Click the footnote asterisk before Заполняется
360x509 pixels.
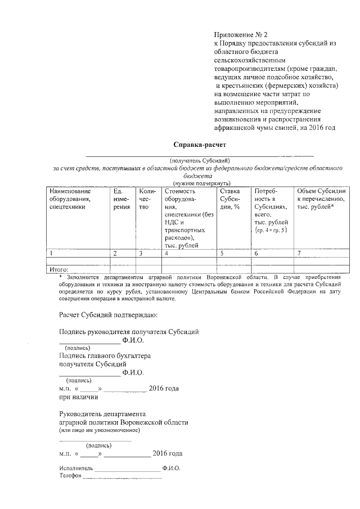(60, 277)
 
